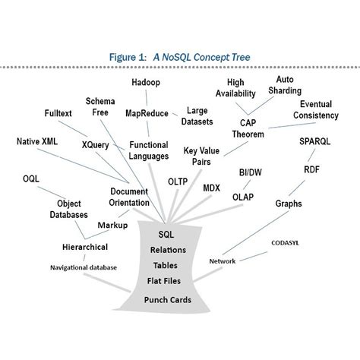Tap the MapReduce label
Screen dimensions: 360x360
146,113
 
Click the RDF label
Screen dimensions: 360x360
311,169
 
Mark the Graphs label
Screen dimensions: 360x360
288,204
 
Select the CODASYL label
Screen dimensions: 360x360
288,243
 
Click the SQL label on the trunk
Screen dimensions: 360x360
166,235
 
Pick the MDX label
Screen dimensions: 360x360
212,187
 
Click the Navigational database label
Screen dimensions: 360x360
84,267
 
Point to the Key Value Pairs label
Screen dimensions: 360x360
202,156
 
